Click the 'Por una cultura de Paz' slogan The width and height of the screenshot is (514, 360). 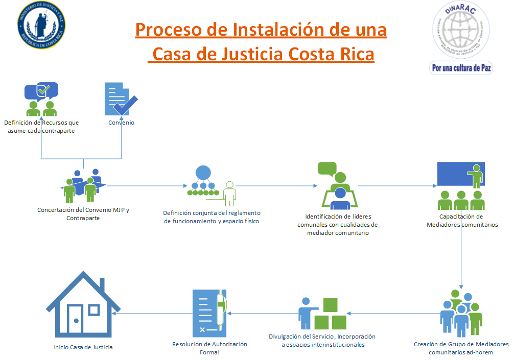coord(461,67)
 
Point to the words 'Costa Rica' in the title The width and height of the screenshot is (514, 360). coord(331,54)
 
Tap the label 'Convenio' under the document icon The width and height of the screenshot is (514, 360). coord(121,123)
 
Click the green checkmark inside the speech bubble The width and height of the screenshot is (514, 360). coord(43,90)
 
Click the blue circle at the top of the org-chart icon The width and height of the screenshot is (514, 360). coord(203,173)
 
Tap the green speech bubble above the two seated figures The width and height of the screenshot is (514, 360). coord(327,168)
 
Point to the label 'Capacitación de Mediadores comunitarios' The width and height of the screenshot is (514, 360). coord(462,220)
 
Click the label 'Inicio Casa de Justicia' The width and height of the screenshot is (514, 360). coord(83,347)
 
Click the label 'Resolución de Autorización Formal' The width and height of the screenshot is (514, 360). coord(209,348)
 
